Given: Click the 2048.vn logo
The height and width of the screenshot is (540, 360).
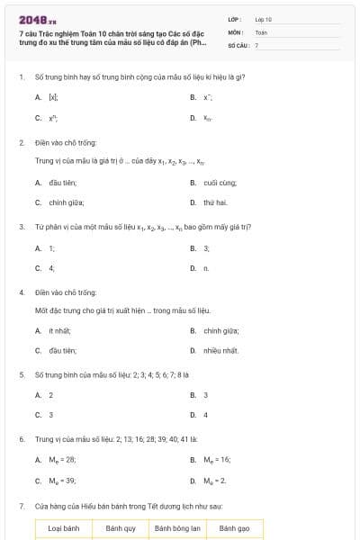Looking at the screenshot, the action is pyautogui.click(x=38, y=20).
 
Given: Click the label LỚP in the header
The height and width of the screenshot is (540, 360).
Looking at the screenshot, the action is pyautogui.click(x=235, y=19).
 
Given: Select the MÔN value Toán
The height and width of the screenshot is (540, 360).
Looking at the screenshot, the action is pyautogui.click(x=261, y=31).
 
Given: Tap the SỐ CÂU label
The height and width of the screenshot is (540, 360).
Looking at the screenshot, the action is pyautogui.click(x=238, y=44).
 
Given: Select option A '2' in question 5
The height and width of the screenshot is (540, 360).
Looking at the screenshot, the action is pyautogui.click(x=50, y=395).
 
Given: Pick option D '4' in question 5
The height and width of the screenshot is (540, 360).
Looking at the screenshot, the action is pyautogui.click(x=205, y=415).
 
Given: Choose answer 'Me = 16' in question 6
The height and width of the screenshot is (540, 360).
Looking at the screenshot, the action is pyautogui.click(x=218, y=459).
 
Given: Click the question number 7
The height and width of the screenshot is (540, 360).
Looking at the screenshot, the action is pyautogui.click(x=21, y=507).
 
